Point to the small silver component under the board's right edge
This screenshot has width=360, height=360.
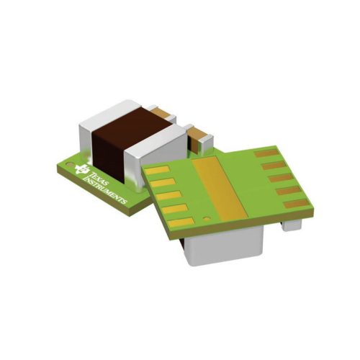point(292,224)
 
